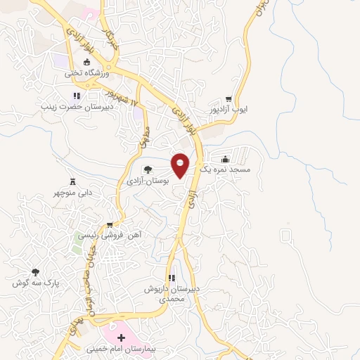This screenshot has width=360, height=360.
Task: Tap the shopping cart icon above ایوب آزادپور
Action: [x=228, y=100]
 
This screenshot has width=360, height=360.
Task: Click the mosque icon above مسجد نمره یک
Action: [x=224, y=160]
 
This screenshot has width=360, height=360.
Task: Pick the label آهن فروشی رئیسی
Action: [x=112, y=236]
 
